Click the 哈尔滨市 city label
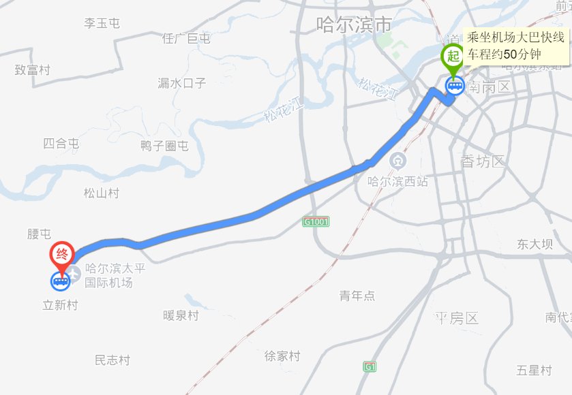click(x=355, y=26)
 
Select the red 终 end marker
click(x=62, y=255)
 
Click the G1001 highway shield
click(x=316, y=222)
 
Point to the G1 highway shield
click(x=370, y=366)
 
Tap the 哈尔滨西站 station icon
click(x=397, y=161)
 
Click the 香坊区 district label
click(x=482, y=161)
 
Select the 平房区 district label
click(x=457, y=318)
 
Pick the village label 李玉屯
click(x=102, y=23)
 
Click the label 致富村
click(x=33, y=69)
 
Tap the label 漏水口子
click(x=181, y=83)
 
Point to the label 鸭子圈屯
click(x=164, y=146)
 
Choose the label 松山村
click(x=102, y=193)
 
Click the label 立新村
click(x=61, y=305)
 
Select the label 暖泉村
click(x=181, y=315)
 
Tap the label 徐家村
click(x=282, y=355)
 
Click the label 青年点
click(x=357, y=296)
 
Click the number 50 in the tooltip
click(x=511, y=54)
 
